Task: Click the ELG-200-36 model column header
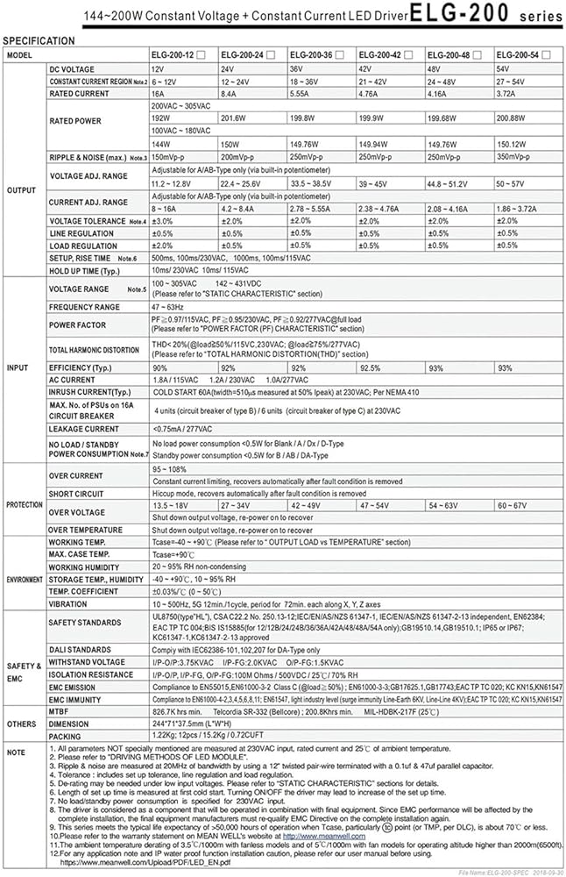click(315, 54)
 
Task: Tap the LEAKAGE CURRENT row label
click(84, 429)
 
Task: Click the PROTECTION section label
click(24, 504)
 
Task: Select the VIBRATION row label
click(69, 603)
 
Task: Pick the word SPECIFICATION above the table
click(39, 40)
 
